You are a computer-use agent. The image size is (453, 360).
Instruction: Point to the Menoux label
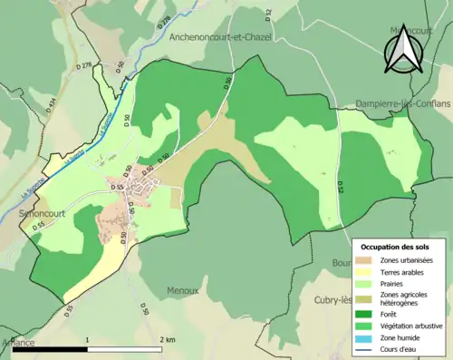182,291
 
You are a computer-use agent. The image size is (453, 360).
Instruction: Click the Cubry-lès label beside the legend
333,300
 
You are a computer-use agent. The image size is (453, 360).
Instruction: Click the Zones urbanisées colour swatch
367,261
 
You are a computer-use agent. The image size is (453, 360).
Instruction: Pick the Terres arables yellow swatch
367,272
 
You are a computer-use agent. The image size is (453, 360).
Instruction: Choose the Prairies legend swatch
367,284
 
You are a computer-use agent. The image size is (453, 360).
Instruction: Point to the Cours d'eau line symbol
367,348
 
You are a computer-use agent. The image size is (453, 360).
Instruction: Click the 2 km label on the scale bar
166,339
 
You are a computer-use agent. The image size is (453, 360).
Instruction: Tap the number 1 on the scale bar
87,339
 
